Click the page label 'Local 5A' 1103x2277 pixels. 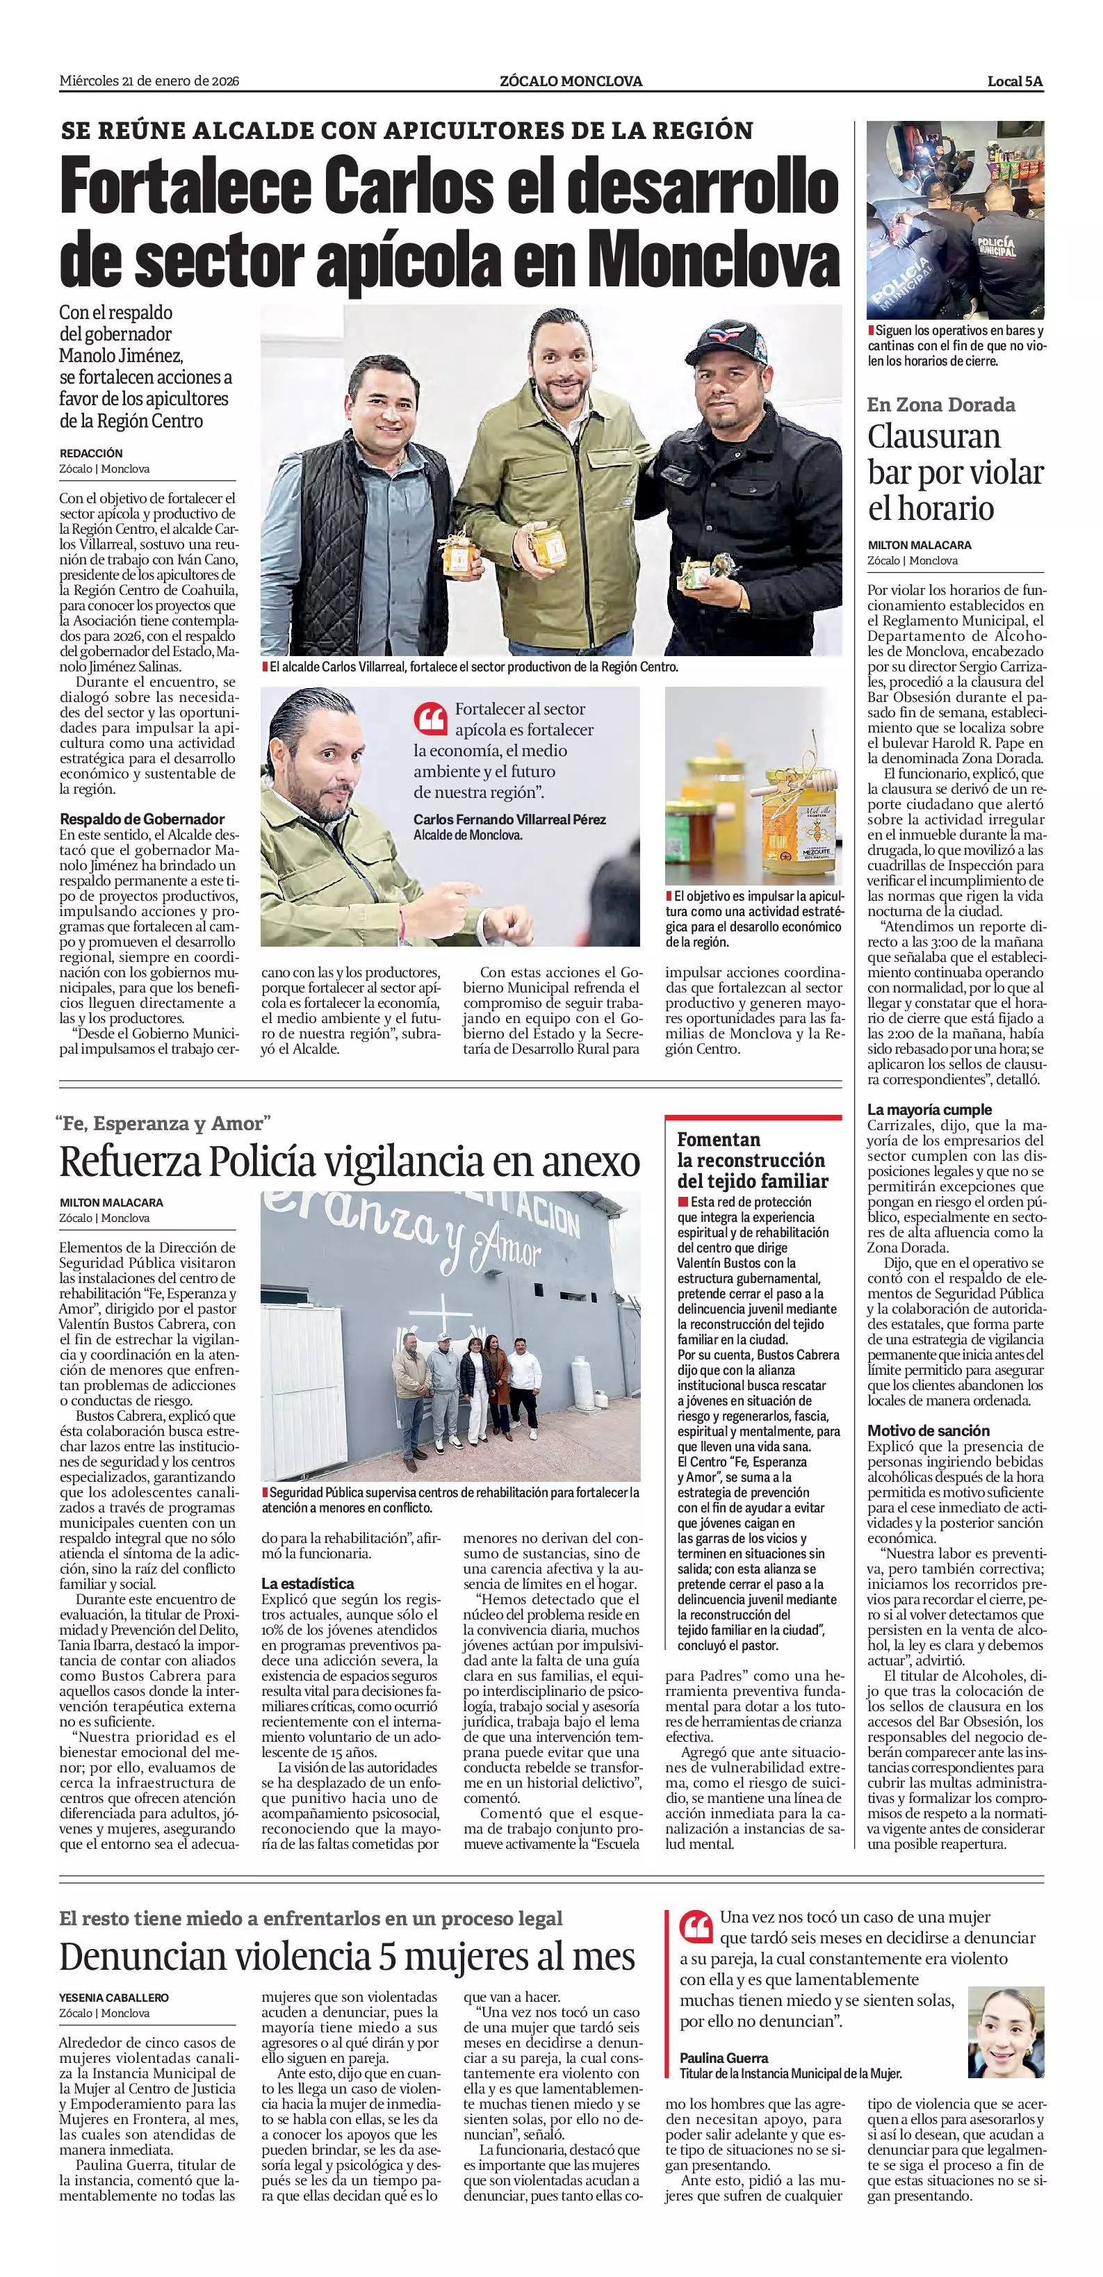(1015, 81)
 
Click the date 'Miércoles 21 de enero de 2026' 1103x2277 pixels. (149, 81)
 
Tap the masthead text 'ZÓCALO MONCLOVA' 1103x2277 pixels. (571, 81)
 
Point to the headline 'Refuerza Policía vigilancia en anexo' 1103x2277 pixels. (349, 1161)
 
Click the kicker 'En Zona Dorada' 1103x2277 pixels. (940, 405)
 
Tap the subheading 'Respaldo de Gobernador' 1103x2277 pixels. (141, 819)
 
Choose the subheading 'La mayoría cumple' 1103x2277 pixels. (929, 1109)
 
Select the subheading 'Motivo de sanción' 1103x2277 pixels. (928, 1430)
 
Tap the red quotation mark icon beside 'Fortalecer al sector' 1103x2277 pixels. (430, 719)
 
